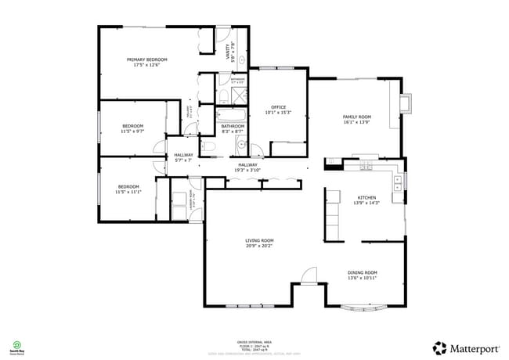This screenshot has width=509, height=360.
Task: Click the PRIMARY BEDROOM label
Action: point(147,59)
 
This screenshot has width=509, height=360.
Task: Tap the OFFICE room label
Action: point(278,107)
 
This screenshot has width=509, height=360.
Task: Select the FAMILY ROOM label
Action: point(356,117)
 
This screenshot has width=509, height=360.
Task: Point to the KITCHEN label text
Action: point(366,197)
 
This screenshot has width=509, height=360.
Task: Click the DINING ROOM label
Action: point(362,272)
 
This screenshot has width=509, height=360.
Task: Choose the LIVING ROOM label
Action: point(259,240)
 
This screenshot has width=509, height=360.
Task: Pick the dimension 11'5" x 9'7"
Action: point(132,131)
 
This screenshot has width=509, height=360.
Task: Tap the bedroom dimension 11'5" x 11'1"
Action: point(128,192)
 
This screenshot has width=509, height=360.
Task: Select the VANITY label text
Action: point(229,52)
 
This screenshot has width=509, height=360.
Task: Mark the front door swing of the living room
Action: point(309,275)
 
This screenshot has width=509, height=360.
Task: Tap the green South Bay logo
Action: point(16,345)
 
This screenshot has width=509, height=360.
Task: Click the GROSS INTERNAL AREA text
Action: point(254,342)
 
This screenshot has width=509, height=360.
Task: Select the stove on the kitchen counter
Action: point(366,164)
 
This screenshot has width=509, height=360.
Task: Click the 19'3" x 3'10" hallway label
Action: point(247,167)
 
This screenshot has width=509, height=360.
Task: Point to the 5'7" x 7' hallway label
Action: point(183,157)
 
